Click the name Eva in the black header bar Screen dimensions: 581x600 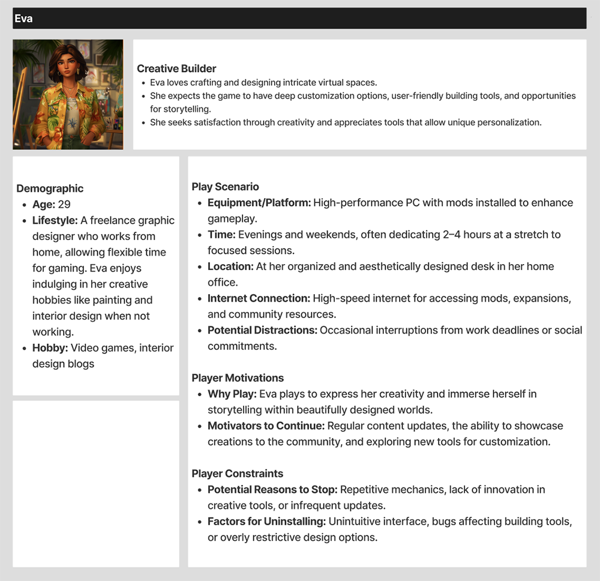(x=24, y=19)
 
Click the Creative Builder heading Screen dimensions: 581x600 (x=176, y=68)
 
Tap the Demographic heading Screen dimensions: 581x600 (x=50, y=188)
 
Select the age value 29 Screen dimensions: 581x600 (x=64, y=205)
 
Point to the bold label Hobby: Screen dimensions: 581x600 (x=50, y=348)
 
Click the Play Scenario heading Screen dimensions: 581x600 (x=225, y=187)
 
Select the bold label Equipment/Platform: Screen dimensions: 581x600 (x=259, y=203)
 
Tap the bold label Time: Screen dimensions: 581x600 (x=221, y=235)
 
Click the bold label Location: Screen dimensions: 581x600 (x=230, y=266)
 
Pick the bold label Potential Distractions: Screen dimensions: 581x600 (x=262, y=330)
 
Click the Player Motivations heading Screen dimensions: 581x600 (x=238, y=378)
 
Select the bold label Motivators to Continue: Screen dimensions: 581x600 (x=266, y=426)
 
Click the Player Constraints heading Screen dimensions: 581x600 (x=237, y=474)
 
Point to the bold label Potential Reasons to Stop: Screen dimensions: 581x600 (x=272, y=490)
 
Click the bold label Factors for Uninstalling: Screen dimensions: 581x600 (x=266, y=522)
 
